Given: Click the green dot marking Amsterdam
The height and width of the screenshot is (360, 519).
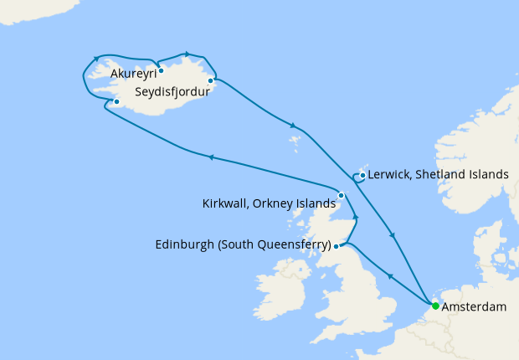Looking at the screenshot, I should (435, 306).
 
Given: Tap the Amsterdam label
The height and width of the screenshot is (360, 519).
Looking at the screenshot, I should (475, 307).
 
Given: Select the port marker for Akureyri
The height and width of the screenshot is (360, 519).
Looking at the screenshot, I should (161, 71).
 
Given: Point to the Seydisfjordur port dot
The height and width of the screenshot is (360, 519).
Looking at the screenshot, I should (210, 81).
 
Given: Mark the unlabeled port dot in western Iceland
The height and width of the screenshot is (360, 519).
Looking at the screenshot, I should (117, 103).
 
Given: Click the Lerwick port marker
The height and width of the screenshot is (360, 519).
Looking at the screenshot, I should (362, 176).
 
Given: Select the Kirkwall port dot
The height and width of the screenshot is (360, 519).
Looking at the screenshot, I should (341, 195).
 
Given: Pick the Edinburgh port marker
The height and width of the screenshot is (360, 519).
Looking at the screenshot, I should (337, 246).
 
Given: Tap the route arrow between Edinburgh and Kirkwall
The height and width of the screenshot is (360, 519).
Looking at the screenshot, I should (355, 219).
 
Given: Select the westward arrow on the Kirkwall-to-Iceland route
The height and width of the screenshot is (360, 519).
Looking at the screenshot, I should (211, 157).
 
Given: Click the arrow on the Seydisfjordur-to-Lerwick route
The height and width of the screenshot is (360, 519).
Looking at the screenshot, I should (293, 126).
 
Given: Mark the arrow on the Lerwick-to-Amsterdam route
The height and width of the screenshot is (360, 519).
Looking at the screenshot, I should (393, 235).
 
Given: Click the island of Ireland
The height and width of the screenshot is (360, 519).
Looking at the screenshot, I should (280, 285).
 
